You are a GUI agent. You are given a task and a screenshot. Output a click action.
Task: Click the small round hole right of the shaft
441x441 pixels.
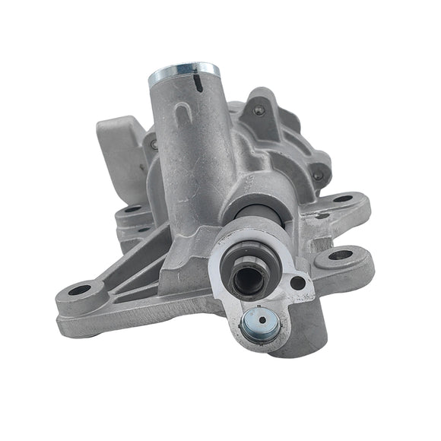click(x=297, y=283)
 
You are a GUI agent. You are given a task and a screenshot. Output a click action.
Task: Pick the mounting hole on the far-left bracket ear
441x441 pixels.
click(x=80, y=290)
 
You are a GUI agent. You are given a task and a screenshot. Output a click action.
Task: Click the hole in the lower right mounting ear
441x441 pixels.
click(x=340, y=255)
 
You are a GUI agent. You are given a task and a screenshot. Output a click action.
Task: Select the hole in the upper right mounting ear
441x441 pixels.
click(x=342, y=199)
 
